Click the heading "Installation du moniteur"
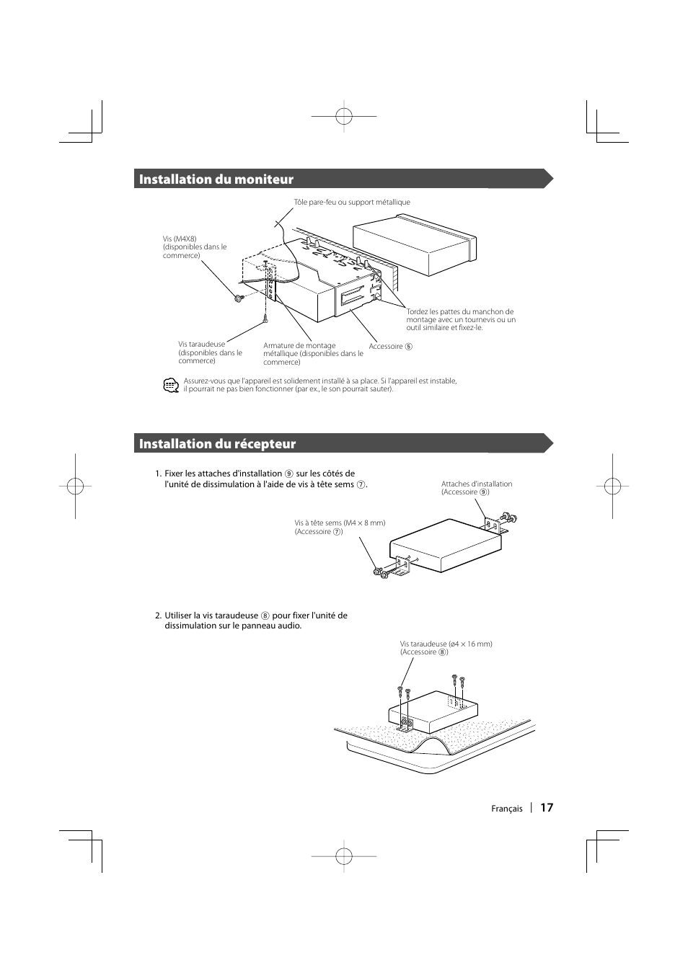tap(216, 179)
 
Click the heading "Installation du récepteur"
tap(217, 444)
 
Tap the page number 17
tap(547, 807)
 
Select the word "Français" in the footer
tap(506, 809)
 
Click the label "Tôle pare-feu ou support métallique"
tap(351, 203)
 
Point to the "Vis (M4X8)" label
tap(180, 239)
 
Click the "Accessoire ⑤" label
tap(390, 347)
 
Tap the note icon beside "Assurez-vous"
tap(170, 386)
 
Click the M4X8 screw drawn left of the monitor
tap(239, 298)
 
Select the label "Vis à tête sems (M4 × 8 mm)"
tap(339, 523)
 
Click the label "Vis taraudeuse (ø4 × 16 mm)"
tap(446, 644)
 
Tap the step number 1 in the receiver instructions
tap(157, 474)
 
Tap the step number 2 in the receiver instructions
tap(157, 616)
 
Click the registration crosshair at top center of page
tap(344, 115)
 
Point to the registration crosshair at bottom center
tap(344, 856)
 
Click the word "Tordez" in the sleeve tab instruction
tap(417, 312)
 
